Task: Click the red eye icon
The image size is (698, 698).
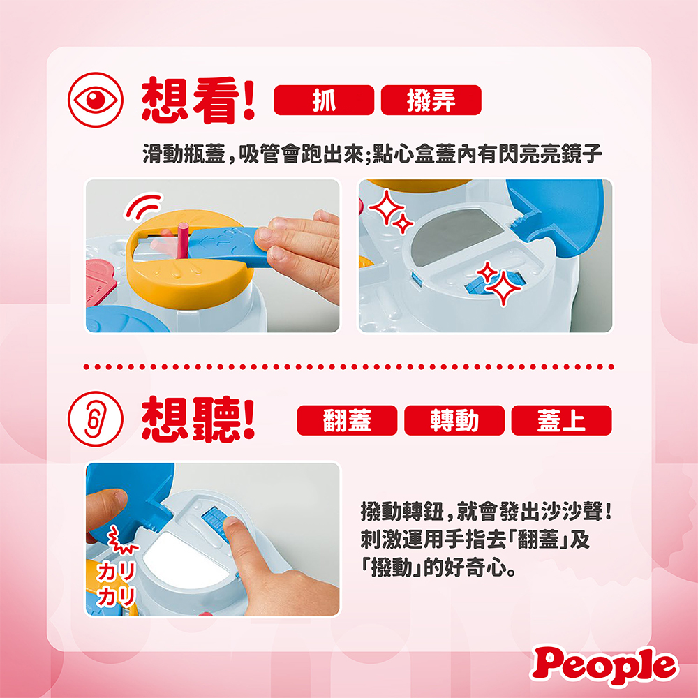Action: point(95,100)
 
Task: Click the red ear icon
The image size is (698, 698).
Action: point(95,419)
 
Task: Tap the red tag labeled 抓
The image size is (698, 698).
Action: point(324,100)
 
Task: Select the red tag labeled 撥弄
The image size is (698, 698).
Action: point(431,100)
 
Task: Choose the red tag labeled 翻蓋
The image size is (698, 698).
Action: point(347,420)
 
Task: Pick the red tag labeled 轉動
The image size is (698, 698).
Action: point(454,420)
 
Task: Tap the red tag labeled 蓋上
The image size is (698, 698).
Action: point(561,420)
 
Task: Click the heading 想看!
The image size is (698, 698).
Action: point(198,100)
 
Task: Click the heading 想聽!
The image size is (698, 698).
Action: point(198,419)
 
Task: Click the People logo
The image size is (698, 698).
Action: point(604,665)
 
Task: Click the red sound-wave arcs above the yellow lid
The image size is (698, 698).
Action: point(143,206)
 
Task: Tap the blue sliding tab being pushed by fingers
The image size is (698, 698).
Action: point(227,246)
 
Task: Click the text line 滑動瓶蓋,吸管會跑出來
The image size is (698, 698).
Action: point(253,154)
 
